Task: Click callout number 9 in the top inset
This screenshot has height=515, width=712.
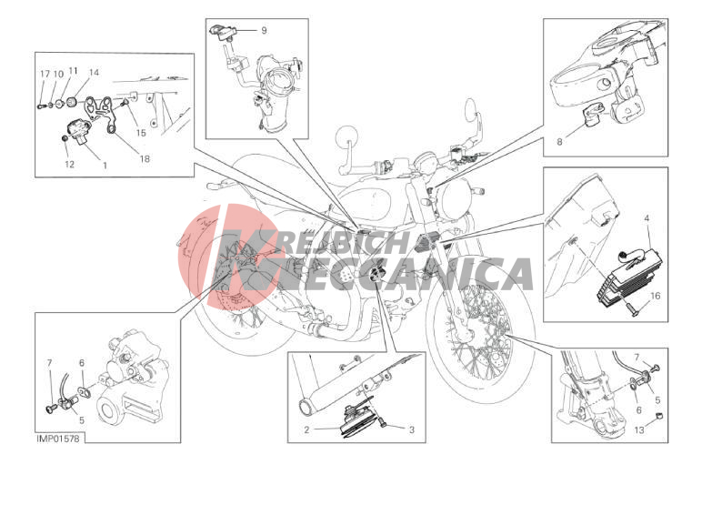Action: [x=264, y=30]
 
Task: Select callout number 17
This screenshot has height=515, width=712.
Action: [x=45, y=74]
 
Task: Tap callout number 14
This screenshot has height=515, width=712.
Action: [x=94, y=72]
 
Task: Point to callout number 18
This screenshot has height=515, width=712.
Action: [x=145, y=158]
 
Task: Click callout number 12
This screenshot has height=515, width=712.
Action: [x=69, y=164]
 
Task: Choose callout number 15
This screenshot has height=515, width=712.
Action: [x=141, y=133]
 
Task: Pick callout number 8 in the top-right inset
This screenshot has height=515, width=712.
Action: [x=559, y=142]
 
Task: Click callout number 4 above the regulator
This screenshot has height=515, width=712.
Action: [x=647, y=218]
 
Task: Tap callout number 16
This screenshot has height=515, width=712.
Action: [x=656, y=296]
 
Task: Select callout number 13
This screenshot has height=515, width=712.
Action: [x=639, y=429]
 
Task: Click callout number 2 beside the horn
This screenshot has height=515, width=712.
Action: [x=306, y=429]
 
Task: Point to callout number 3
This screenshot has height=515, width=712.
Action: [x=412, y=429]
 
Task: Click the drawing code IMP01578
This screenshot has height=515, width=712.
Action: [x=58, y=439]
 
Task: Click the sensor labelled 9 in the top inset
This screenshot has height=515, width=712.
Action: [x=223, y=32]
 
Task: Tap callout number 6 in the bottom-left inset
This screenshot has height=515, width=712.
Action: [x=82, y=363]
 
